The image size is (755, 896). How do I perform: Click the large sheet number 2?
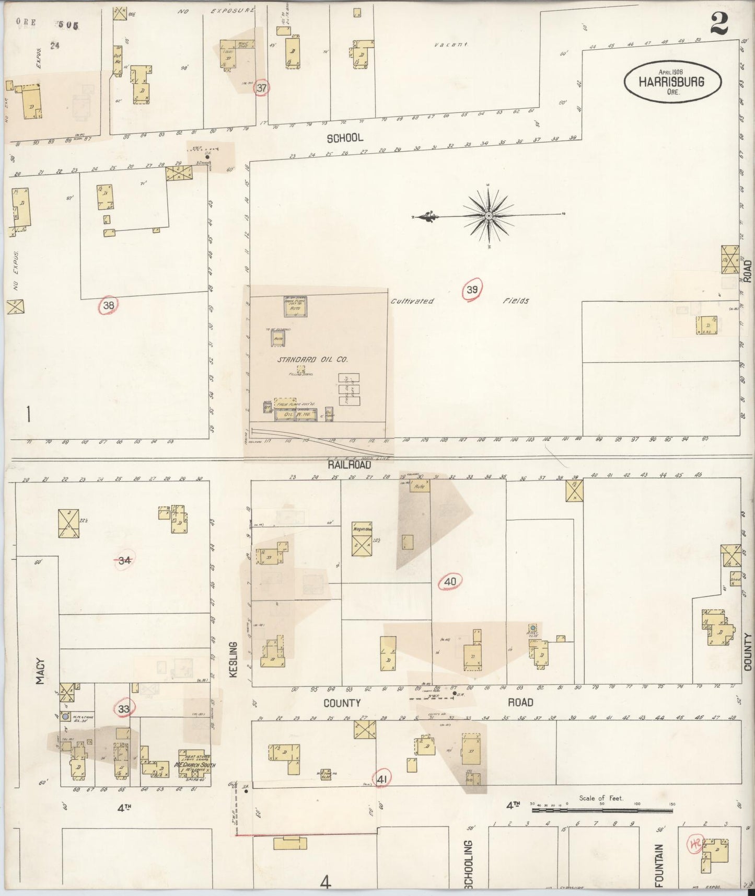coord(719,24)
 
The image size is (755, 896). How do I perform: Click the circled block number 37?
coord(261,88)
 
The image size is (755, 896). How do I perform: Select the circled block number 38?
coord(108,306)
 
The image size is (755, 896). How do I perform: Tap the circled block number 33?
coord(124,709)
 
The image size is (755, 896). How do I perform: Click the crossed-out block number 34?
coord(124,561)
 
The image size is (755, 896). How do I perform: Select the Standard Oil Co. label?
coord(312,360)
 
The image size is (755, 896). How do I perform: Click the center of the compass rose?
coord(488,215)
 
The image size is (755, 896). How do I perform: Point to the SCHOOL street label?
coord(345,138)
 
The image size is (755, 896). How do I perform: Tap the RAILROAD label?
coord(349,465)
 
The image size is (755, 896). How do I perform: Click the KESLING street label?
coord(233,660)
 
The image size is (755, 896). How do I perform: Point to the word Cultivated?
coord(412,301)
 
